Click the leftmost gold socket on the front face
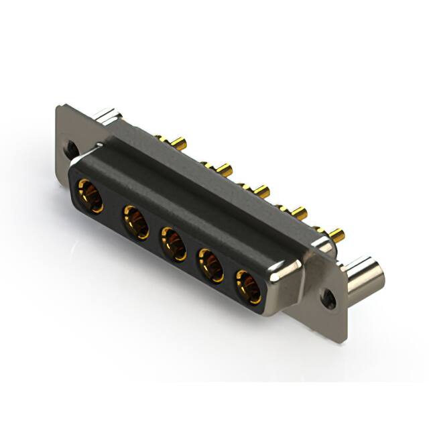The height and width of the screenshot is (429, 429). pos(89,196)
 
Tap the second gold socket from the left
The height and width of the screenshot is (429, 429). pos(135,222)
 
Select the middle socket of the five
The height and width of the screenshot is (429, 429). pos(173,243)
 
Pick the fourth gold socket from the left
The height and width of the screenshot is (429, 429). pos(210,264)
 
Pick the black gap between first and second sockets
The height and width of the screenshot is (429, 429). pos(113,209)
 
